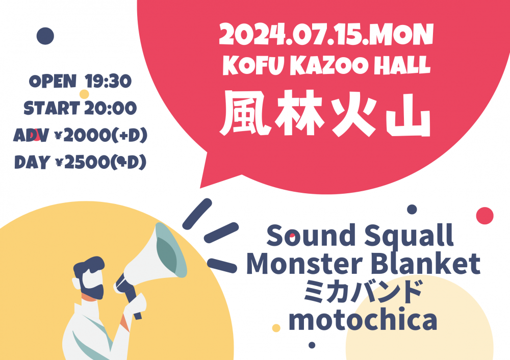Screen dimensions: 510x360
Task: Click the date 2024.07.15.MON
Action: coord(326,34)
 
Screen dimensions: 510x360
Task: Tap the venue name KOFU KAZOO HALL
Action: coord(326,65)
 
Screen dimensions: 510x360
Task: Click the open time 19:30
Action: coord(108,81)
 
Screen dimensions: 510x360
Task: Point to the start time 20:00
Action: coord(111,108)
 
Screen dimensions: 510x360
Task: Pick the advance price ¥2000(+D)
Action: coord(100,135)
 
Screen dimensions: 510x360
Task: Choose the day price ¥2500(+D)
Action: coord(100,162)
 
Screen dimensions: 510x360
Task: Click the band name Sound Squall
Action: coord(360,236)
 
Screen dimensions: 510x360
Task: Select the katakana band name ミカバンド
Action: coord(363,291)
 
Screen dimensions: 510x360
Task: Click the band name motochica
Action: coord(363,319)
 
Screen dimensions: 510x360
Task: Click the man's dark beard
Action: coord(91,287)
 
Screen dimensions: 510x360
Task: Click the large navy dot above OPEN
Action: coord(45,36)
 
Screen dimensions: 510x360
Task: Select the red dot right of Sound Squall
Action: coord(484,216)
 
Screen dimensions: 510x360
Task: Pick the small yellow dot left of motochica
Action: coord(276,328)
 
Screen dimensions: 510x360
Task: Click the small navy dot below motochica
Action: coord(312,345)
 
